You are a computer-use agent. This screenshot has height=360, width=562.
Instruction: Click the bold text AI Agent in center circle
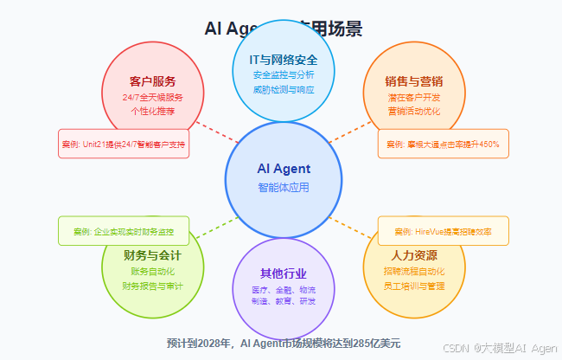click(284, 168)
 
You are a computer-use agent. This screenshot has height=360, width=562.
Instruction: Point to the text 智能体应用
click(284, 187)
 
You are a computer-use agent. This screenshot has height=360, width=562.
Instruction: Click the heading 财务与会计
click(152, 255)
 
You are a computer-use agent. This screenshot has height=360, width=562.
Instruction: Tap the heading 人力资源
click(413, 255)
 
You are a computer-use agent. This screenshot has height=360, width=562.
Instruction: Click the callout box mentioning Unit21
click(124, 144)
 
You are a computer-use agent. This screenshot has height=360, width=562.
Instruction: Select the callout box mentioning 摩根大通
click(443, 144)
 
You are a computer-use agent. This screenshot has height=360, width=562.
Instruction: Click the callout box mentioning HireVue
click(443, 231)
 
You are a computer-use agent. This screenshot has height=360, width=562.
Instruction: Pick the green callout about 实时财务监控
click(124, 231)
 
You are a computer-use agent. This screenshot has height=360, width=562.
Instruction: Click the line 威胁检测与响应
click(284, 89)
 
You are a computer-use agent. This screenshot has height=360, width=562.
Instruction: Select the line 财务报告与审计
click(152, 285)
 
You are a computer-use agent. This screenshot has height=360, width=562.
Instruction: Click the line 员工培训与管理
click(413, 285)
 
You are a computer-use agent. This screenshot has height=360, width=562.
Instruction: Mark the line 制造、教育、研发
click(284, 300)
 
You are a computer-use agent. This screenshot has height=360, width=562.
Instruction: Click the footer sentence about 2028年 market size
click(284, 343)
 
